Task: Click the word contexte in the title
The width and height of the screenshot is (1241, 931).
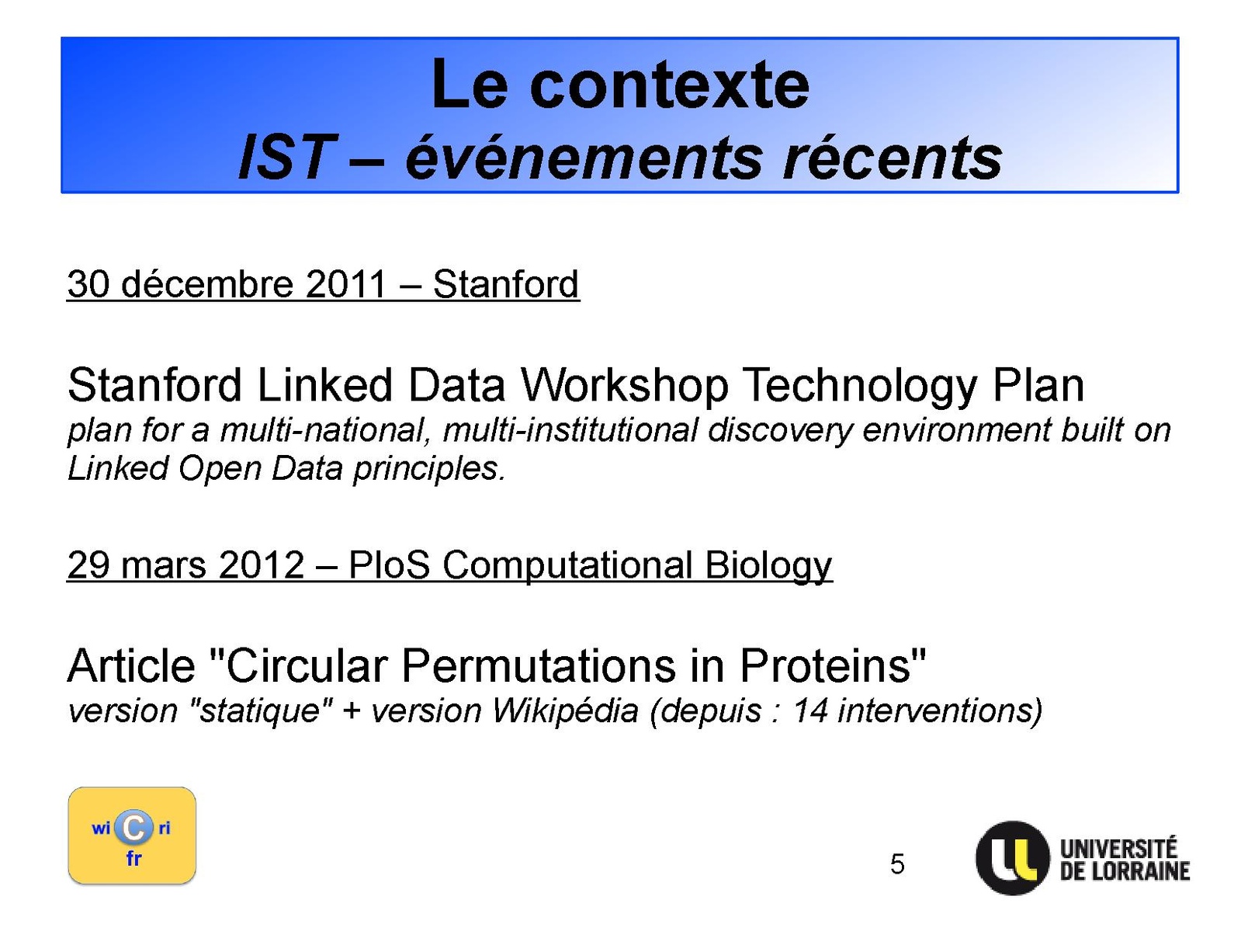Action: point(669,86)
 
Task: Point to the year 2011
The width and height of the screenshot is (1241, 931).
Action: point(345,283)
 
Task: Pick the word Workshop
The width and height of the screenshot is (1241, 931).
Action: point(624,386)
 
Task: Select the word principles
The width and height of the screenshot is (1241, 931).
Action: point(428,469)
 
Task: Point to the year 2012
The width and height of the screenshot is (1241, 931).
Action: point(262,565)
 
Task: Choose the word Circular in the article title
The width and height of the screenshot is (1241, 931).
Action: point(307,665)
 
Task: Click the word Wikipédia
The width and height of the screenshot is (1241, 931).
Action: point(565,711)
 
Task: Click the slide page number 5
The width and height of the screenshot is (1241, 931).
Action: point(897,864)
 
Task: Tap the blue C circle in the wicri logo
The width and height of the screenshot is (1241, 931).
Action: point(133,829)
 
